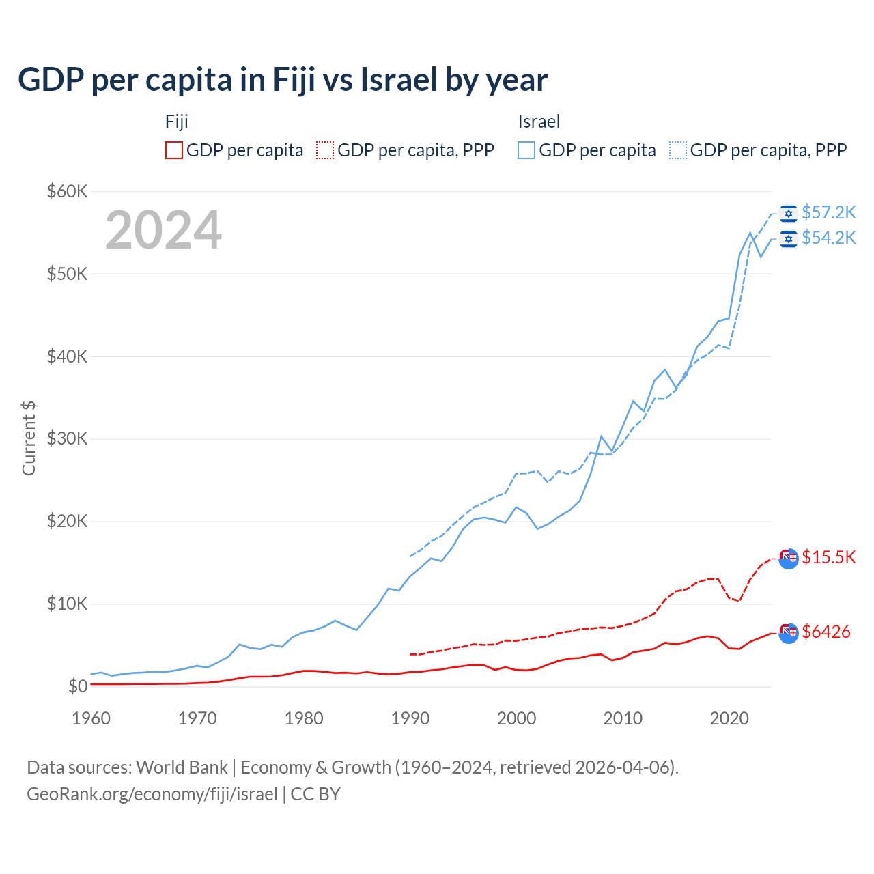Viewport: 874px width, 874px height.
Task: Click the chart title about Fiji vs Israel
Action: tap(283, 80)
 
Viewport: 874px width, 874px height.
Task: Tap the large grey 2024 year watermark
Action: tap(163, 230)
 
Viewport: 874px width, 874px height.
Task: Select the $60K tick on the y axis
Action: tap(67, 191)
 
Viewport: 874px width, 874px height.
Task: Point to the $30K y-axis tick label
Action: tap(67, 438)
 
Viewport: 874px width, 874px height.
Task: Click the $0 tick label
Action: tap(78, 686)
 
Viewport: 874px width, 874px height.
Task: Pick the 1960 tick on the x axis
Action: tap(91, 718)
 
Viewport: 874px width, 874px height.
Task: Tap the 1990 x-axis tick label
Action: tap(410, 718)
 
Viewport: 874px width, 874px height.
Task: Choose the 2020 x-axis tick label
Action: tap(729, 718)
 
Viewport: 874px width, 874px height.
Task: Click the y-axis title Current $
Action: tap(29, 438)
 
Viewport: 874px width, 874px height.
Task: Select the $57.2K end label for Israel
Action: tap(828, 213)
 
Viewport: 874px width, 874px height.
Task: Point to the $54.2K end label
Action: tap(828, 238)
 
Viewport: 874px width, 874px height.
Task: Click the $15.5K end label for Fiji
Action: tap(828, 557)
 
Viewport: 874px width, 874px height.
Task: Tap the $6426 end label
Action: tap(826, 632)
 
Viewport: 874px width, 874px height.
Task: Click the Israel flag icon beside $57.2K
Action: tap(789, 214)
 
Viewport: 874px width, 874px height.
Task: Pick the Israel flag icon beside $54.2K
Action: tap(789, 238)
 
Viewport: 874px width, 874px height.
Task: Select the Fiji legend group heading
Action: tap(176, 122)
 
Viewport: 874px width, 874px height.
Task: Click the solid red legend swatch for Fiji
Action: tap(174, 150)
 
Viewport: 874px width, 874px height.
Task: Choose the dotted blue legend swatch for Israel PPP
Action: tap(678, 150)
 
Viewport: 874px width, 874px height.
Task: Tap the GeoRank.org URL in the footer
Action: tap(152, 794)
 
